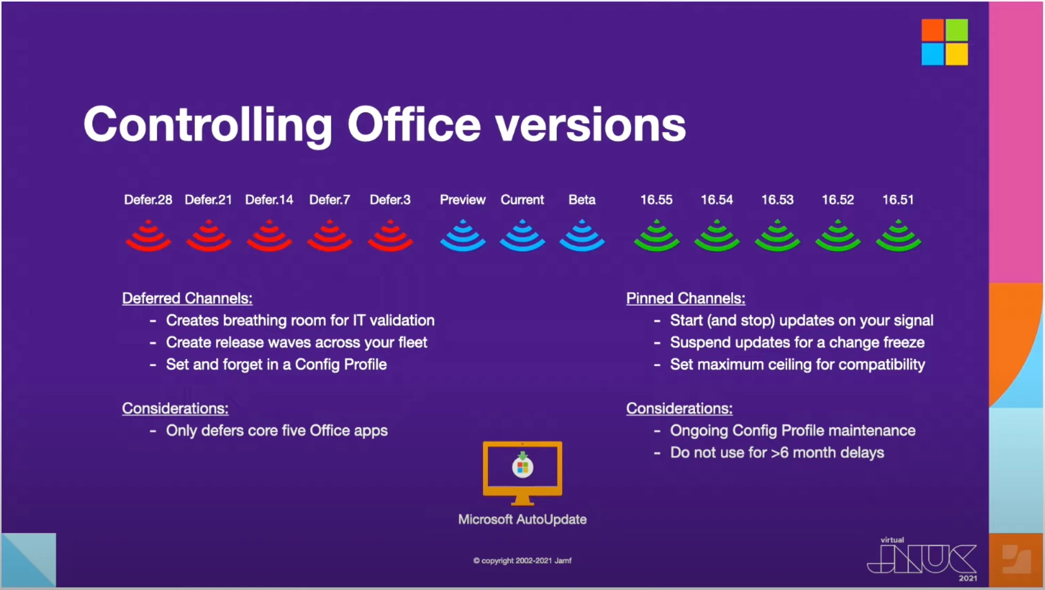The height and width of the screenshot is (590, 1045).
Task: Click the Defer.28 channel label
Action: [148, 200]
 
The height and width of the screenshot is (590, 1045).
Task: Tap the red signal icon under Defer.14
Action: [269, 235]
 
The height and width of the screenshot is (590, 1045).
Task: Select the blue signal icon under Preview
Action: [463, 235]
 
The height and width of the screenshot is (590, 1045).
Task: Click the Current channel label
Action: [522, 200]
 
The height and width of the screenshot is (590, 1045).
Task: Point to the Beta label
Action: [582, 200]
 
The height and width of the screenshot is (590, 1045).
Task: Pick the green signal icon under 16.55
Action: [656, 235]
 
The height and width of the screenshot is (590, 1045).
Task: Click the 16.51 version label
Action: [898, 200]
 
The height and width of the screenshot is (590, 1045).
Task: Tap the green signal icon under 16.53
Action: [777, 235]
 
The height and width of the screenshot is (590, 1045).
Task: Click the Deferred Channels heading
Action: [187, 298]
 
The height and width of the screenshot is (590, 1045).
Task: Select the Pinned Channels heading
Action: [686, 298]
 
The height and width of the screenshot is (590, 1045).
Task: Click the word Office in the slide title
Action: [414, 124]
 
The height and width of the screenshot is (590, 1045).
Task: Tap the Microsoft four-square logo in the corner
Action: [945, 42]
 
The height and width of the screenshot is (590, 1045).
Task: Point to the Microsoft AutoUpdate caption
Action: [522, 520]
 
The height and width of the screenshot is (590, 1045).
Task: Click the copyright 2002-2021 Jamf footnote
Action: [522, 561]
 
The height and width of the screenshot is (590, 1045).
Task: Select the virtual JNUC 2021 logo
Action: [922, 559]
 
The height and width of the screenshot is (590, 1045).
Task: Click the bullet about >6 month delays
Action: [777, 453]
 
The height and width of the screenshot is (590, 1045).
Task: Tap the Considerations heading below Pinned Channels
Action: [679, 409]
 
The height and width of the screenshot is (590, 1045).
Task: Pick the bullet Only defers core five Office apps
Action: [276, 431]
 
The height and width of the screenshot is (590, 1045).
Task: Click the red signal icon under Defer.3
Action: [390, 235]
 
